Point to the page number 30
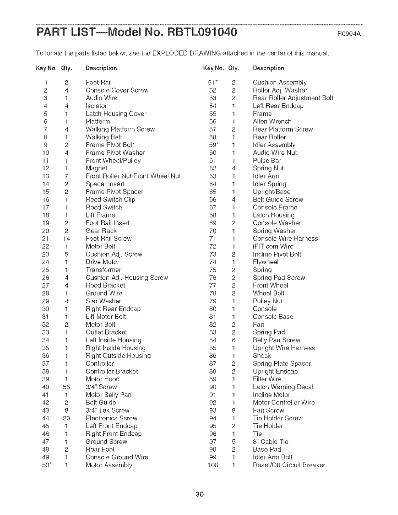click(199, 495)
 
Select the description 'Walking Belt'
click(104, 137)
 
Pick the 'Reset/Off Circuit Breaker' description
click(289, 465)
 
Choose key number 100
click(213, 465)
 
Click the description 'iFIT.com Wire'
click(273, 246)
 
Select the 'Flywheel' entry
click(265, 262)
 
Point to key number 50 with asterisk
click(46, 465)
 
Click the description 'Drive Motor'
click(102, 262)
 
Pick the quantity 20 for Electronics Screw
click(66, 418)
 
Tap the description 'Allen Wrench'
click(272, 121)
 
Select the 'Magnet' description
click(96, 168)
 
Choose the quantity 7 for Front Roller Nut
click(66, 176)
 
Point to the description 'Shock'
click(262, 356)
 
